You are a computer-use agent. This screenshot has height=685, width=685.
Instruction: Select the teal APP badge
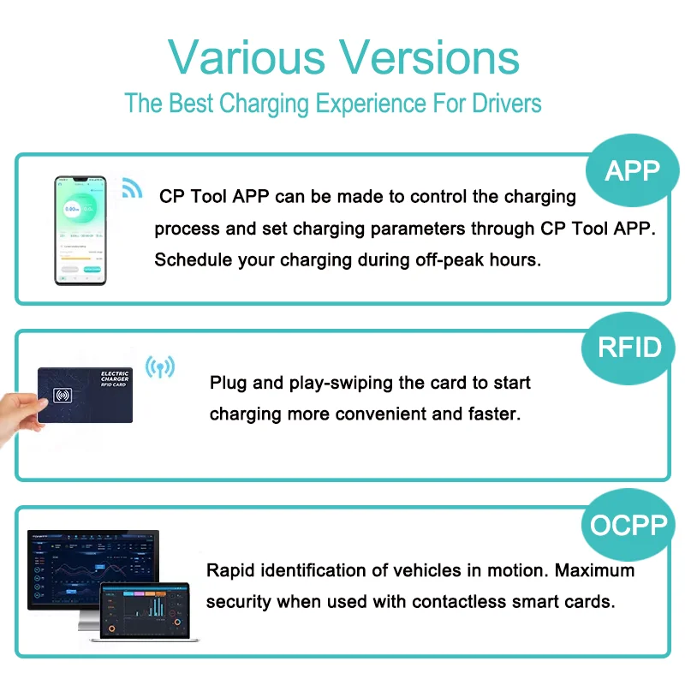coord(632,171)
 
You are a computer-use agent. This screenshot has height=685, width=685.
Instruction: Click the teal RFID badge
coord(630,347)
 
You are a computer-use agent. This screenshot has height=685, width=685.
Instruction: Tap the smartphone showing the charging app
coord(80,230)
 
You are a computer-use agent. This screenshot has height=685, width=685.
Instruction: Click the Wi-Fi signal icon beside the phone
coord(131,188)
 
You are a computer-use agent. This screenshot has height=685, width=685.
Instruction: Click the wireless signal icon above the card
coord(159,367)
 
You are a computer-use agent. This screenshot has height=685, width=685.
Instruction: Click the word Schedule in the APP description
coord(188,259)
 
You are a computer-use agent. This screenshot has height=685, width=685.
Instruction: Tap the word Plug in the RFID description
coord(228,382)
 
